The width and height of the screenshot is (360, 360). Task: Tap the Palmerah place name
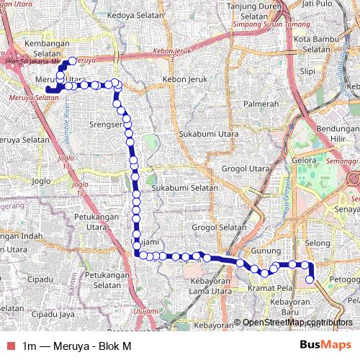point(261,104)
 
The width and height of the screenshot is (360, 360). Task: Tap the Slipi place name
point(307,72)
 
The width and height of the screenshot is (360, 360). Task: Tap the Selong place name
point(317,243)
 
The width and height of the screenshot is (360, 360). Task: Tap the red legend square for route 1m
point(10,345)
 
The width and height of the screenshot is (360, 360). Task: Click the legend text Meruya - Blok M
point(92,345)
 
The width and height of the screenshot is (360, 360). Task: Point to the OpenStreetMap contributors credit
point(297,323)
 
